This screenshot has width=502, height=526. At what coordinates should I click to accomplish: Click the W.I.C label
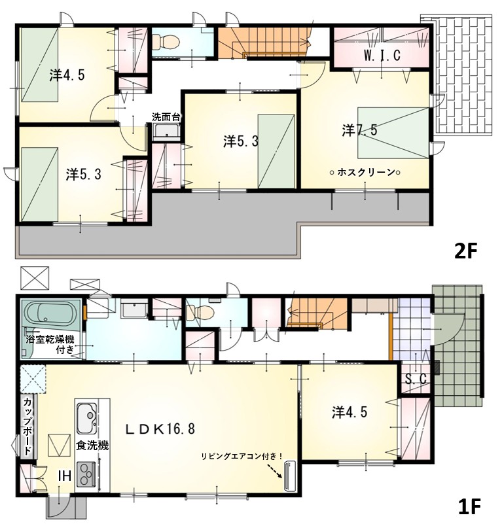click(x=382, y=56)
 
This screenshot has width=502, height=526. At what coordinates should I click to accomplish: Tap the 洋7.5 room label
click(x=360, y=130)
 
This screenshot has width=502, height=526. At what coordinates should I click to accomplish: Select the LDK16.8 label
click(x=160, y=429)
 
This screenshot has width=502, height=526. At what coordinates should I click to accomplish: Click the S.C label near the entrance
click(x=416, y=379)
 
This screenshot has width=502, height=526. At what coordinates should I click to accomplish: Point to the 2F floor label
click(x=466, y=252)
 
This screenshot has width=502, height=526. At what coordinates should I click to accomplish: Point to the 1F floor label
click(x=469, y=506)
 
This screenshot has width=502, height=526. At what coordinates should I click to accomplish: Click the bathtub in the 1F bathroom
click(x=50, y=313)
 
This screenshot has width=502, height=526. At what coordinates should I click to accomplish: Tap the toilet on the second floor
click(x=166, y=43)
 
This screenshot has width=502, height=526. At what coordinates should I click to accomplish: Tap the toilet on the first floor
click(x=201, y=312)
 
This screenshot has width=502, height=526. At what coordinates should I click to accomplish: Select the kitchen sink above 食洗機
click(x=86, y=418)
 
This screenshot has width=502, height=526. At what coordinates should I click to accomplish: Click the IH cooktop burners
click(x=86, y=474)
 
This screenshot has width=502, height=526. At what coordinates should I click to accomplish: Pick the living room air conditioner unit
click(x=289, y=476)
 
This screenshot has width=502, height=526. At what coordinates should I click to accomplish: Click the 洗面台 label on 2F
click(x=166, y=117)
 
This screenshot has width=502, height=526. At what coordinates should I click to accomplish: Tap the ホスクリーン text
click(x=365, y=173)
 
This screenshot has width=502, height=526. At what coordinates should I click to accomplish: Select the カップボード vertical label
click(x=28, y=426)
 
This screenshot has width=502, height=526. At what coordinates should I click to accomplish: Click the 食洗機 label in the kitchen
click(x=92, y=446)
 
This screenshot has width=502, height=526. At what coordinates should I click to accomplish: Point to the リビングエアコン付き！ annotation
click(x=242, y=456)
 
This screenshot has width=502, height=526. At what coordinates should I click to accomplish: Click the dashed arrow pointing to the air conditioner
click(x=274, y=470)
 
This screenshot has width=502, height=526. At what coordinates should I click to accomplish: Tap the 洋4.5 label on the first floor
click(x=350, y=413)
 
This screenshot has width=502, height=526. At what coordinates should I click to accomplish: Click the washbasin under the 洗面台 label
click(x=167, y=131)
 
